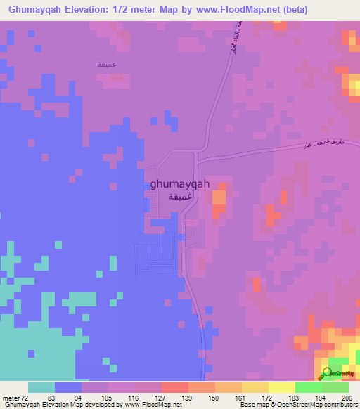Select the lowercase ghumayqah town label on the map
(x=180, y=184)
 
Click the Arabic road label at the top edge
(x=229, y=39)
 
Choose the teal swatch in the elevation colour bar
(x=41, y=387)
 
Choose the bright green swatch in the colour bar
(x=309, y=387)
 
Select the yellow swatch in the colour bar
(x=282, y=387)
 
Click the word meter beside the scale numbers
(x=9, y=397)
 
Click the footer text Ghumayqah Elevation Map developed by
(x=63, y=405)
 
